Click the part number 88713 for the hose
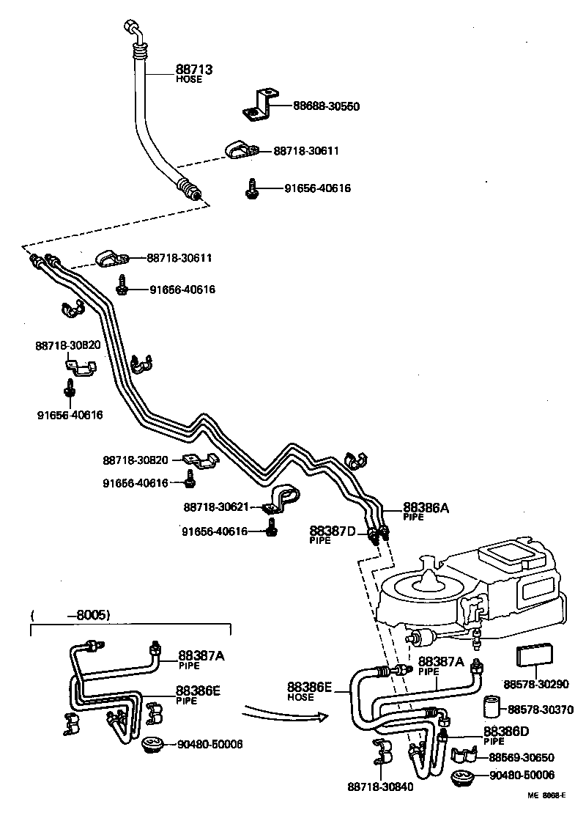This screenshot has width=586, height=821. click(193, 70)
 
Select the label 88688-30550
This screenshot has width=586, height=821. click(326, 106)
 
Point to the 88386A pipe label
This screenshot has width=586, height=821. click(426, 507)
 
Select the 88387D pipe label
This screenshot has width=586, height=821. click(332, 530)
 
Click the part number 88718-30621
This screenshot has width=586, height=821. click(216, 507)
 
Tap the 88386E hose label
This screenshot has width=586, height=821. click(309, 687)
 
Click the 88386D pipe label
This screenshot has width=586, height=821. click(506, 732)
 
